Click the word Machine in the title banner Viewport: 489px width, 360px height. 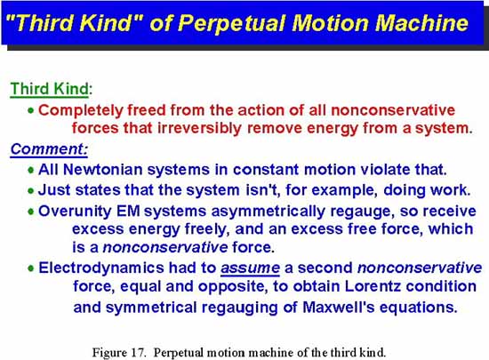[x=421, y=23]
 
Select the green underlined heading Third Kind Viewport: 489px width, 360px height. [x=49, y=89]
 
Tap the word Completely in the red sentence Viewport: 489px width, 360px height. [x=81, y=111]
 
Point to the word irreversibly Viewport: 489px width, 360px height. [x=199, y=128]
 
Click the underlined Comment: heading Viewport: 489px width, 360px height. [x=49, y=149]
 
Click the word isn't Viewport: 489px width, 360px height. [x=263, y=190]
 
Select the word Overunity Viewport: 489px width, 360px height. [x=75, y=211]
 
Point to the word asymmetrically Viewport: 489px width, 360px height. [x=268, y=212]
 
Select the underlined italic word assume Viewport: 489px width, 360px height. [x=250, y=268]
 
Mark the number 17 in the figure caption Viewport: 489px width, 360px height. [x=138, y=353]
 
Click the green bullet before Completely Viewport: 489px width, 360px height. [x=30, y=110]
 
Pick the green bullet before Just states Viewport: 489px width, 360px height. [x=30, y=190]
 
